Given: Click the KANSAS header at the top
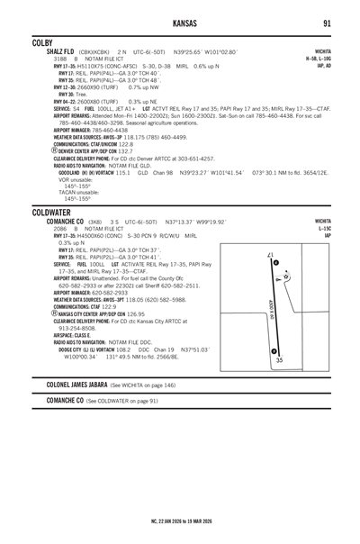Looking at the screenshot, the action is [180, 23].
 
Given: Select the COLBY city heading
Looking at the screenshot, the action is [42, 42].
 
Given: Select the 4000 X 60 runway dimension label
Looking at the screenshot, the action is [271, 312].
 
